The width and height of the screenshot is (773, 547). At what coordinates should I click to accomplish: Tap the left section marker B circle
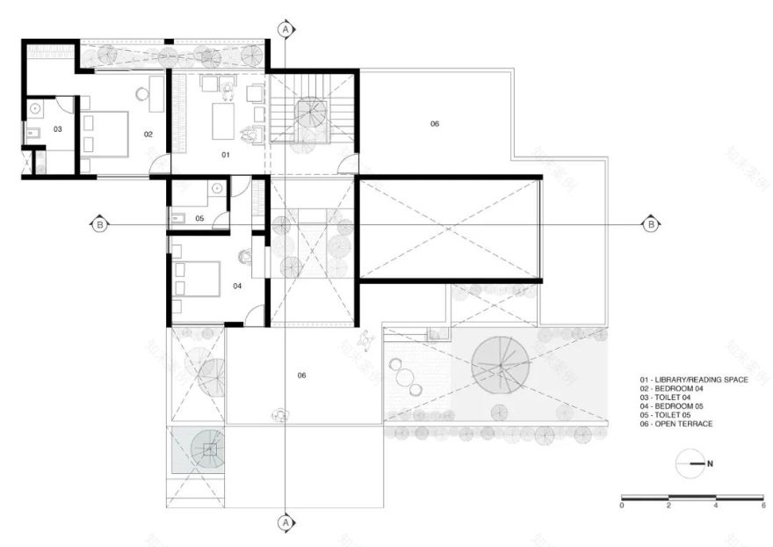pos(100,224)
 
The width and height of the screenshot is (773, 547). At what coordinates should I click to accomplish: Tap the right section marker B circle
pos(651,224)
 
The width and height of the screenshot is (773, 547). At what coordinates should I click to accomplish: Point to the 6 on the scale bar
pos(762,506)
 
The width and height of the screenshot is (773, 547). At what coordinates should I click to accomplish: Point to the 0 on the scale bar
pos(622,506)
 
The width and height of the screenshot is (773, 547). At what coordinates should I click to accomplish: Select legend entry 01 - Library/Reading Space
pos(694,380)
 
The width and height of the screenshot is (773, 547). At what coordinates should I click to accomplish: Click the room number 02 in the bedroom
pos(149,135)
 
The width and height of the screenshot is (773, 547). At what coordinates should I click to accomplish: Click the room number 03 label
pos(57,129)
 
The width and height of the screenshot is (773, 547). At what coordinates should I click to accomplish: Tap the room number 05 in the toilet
pos(199,218)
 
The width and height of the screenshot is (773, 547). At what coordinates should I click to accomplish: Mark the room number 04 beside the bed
pos(237,286)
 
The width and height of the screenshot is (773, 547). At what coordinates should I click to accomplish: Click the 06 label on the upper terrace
pos(434,124)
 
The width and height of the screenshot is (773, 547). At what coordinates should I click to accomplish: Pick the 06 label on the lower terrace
pos(301,376)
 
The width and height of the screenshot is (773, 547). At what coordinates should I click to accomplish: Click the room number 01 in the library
pos(225,155)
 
